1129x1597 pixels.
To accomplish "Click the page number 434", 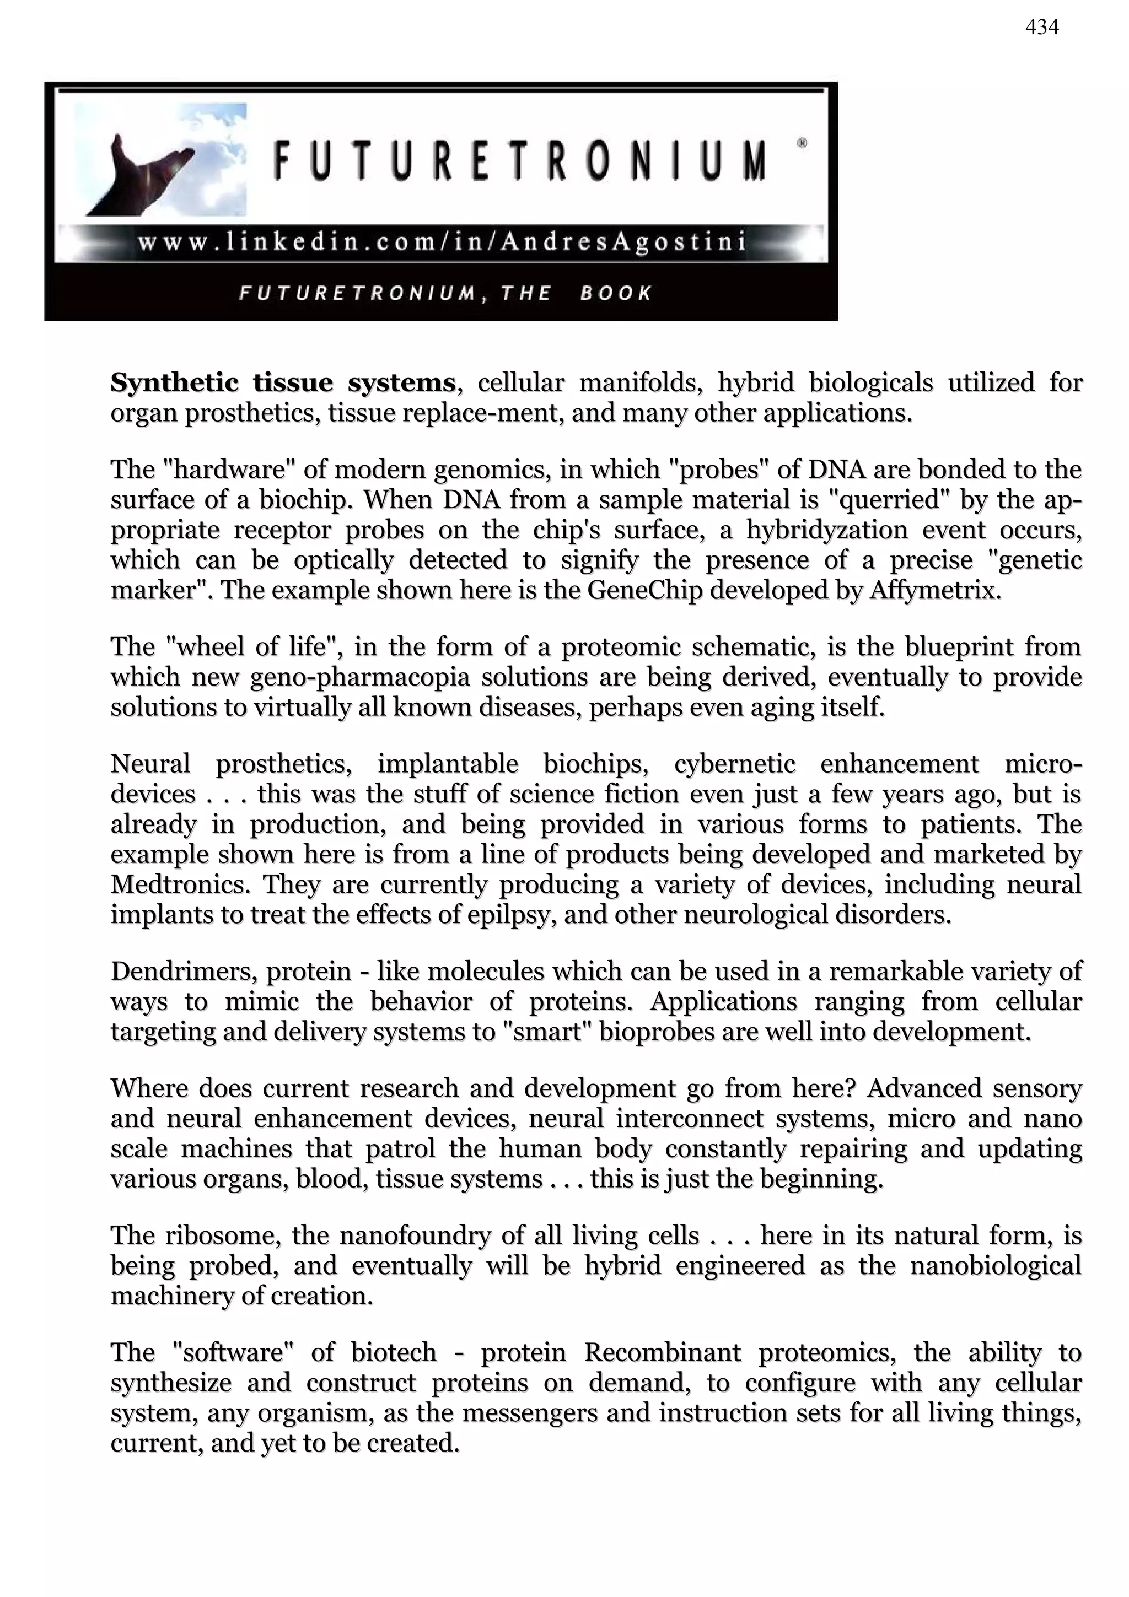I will click(1041, 28).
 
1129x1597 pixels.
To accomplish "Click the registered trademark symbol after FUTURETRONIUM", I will click(802, 143).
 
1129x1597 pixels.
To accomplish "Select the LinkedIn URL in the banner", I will click(442, 242).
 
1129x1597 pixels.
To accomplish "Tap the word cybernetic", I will click(735, 764).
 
